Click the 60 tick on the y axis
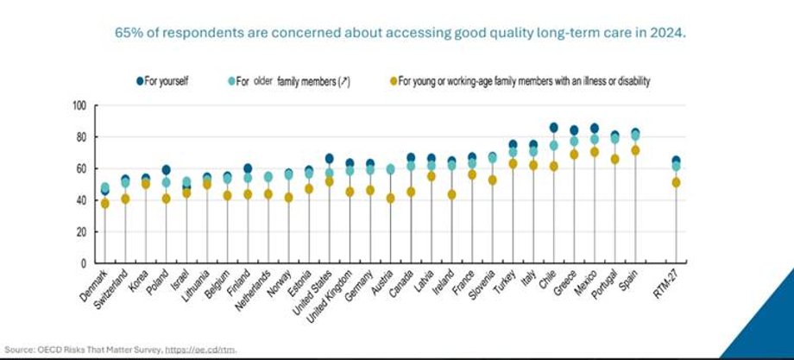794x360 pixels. click(x=82, y=168)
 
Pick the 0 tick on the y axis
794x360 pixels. click(x=85, y=263)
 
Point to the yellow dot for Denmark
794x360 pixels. click(x=105, y=204)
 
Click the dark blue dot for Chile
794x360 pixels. click(x=553, y=128)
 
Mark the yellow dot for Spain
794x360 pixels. click(x=636, y=150)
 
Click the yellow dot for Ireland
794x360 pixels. click(x=451, y=194)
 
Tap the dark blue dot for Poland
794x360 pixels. click(x=166, y=170)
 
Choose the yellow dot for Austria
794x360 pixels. click(x=390, y=198)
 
